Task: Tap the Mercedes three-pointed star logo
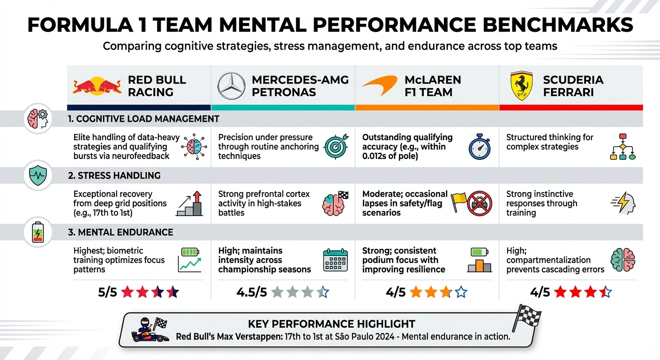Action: (x=232, y=86)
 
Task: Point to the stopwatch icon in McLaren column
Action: (x=480, y=147)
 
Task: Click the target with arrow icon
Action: (x=336, y=147)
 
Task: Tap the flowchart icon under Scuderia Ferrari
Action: (x=622, y=147)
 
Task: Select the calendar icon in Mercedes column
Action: (x=336, y=261)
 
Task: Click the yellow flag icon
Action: (x=458, y=202)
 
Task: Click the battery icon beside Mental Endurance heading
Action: (x=37, y=232)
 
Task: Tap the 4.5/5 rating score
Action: (x=252, y=292)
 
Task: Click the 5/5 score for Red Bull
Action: (x=107, y=292)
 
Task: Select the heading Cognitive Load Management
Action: (x=143, y=119)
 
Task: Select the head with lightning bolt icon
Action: (x=623, y=203)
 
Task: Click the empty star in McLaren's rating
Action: (x=461, y=292)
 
